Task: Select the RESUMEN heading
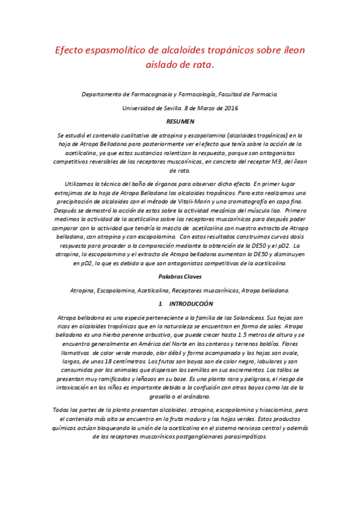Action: click(x=180, y=122)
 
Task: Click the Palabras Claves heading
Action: click(x=180, y=277)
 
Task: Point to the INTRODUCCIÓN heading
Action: click(x=188, y=304)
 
